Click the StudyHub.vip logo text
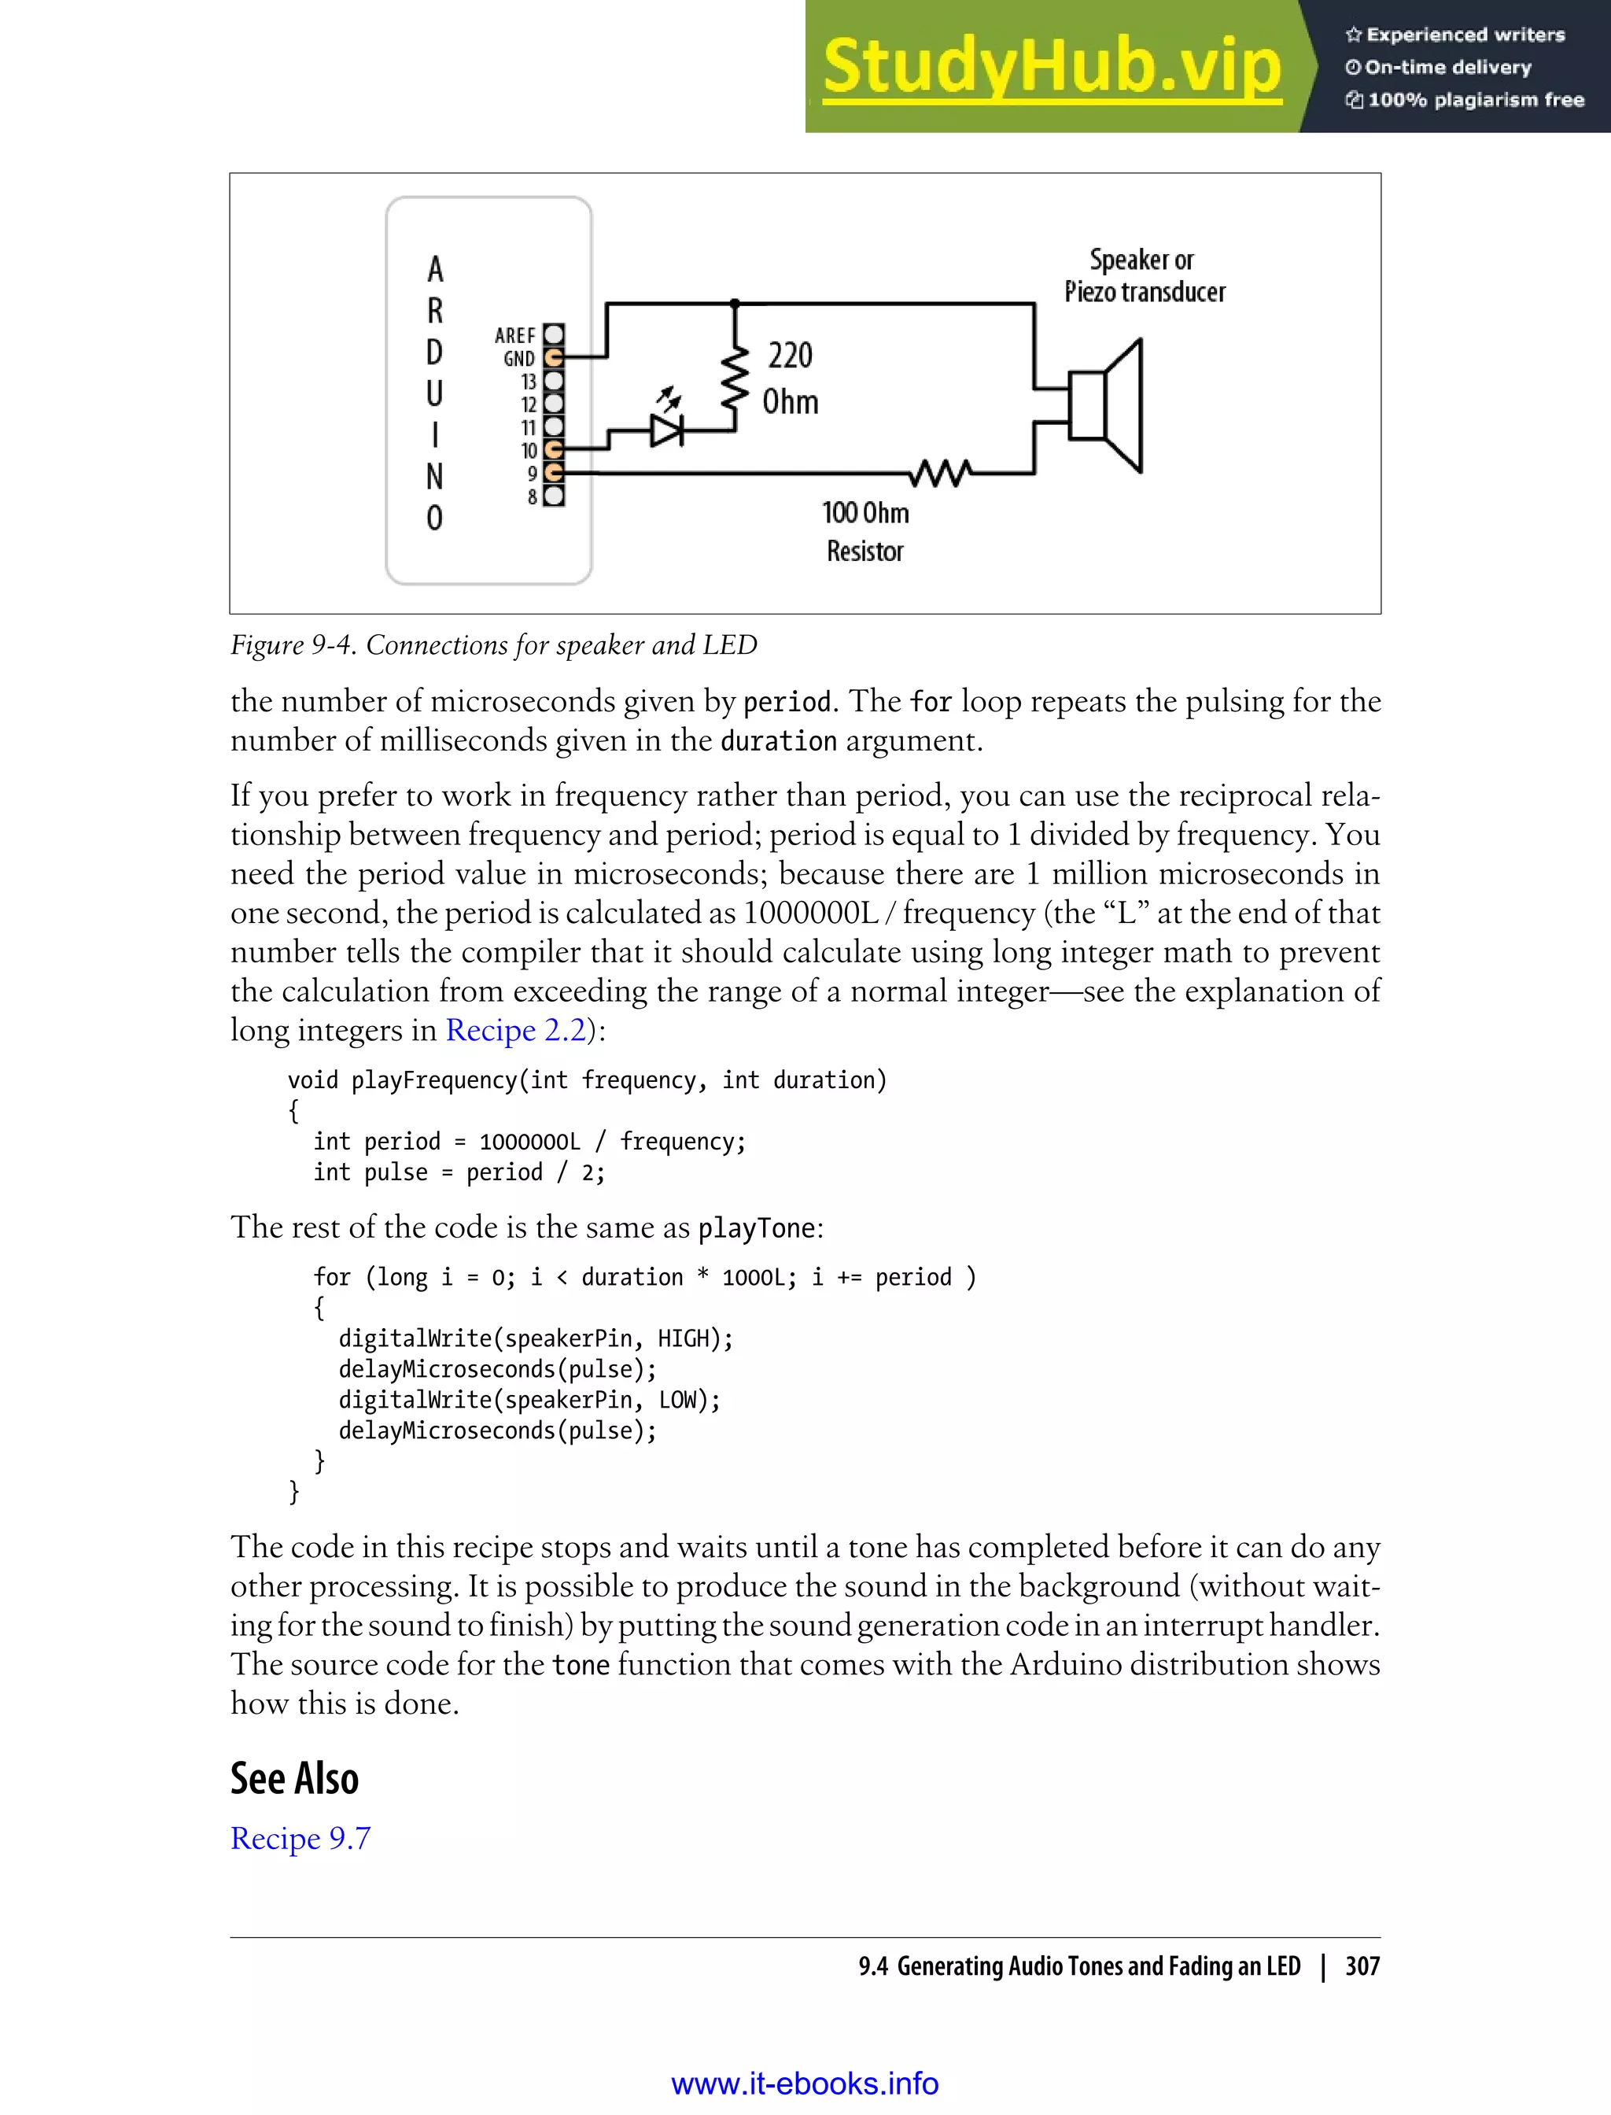click(1052, 67)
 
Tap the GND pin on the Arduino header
click(553, 358)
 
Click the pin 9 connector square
click(553, 473)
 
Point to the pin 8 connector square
click(553, 496)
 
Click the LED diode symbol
click(666, 430)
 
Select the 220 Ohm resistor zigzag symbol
click(735, 379)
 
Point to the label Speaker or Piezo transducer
click(1144, 276)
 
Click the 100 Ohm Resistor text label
click(865, 531)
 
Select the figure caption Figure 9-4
click(493, 645)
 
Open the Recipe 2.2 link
click(515, 1030)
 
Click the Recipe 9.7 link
click(300, 1839)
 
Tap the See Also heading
click(294, 1778)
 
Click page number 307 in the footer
click(1362, 1966)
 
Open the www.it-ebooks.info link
click(805, 2084)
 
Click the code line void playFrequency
click(587, 1080)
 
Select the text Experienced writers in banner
click(1464, 35)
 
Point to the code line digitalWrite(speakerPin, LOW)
click(529, 1401)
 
